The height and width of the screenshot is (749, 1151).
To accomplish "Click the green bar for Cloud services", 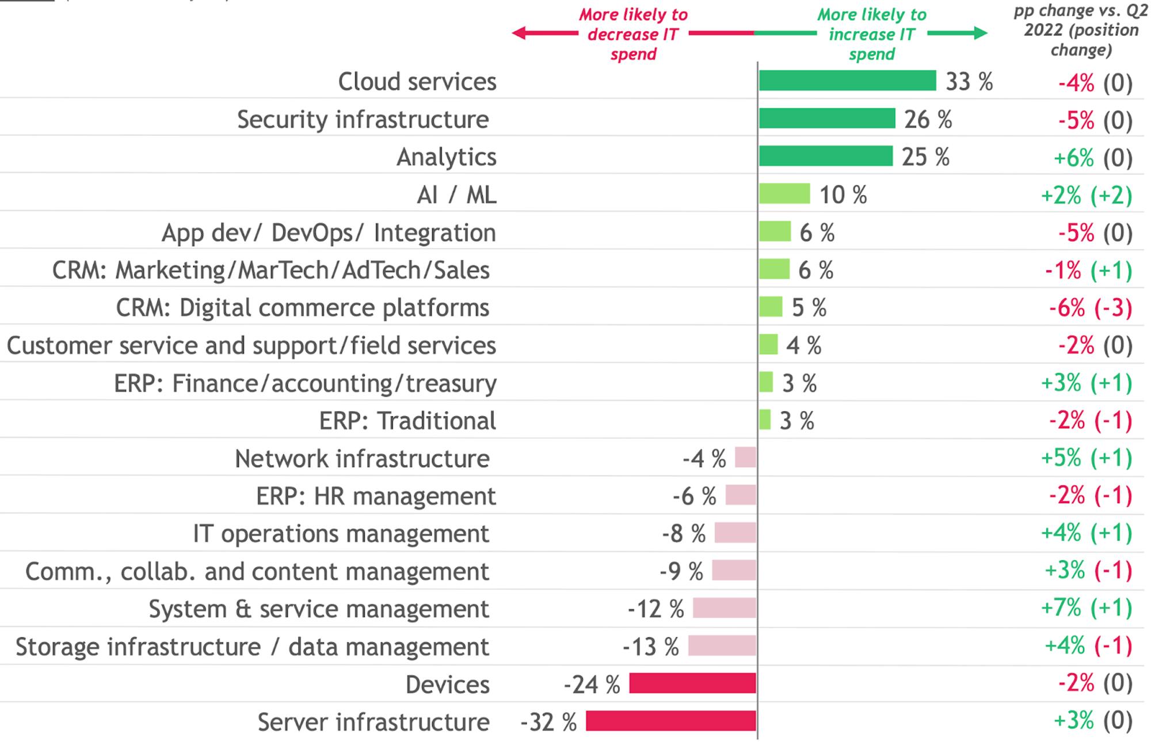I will point(847,81).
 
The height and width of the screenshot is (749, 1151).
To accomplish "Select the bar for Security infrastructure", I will point(827,119).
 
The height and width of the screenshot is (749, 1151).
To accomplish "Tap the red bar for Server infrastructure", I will point(670,721).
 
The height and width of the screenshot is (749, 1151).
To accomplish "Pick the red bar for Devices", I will point(692,683).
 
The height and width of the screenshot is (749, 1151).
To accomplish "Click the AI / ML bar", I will point(784,194).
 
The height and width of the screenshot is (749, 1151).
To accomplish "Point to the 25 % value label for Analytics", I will point(925,157).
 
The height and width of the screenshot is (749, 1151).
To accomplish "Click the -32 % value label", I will point(548,722).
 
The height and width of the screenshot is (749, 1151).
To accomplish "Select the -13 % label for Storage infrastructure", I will point(651,647).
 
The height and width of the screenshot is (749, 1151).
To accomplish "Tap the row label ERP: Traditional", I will point(407,421).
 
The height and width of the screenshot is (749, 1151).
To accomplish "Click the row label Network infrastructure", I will point(362,459).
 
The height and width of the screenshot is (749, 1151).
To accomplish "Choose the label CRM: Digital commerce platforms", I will point(303,308).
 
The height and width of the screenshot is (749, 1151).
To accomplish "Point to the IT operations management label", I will point(341,534).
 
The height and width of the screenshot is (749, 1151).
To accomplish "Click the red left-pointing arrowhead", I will point(519,33).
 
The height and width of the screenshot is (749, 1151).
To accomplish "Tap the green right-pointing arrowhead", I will point(980,33).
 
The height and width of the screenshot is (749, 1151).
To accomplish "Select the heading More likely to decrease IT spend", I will point(633,35).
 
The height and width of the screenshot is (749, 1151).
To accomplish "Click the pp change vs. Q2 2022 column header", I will point(1081,31).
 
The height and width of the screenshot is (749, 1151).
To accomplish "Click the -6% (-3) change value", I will point(1090,308).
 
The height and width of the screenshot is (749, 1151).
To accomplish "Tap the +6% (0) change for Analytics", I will point(1093,158).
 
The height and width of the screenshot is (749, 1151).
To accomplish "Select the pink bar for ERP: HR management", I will point(741,495).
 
